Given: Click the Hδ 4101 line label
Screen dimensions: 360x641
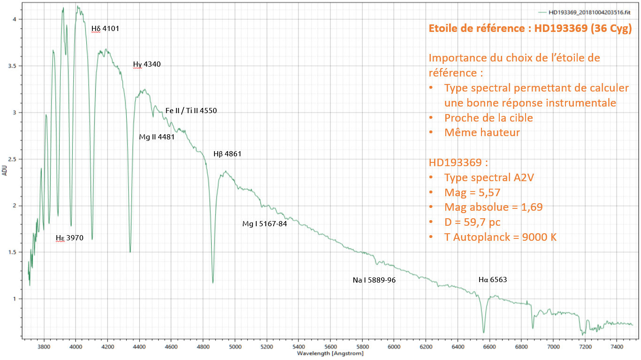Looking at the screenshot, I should coord(105,29).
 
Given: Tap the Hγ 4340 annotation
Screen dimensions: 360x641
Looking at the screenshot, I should coord(147,65).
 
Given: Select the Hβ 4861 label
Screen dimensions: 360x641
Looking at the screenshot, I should coord(228,154).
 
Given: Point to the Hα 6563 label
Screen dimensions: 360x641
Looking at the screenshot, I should coord(493,280).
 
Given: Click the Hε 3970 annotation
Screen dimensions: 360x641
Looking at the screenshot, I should coord(69,238).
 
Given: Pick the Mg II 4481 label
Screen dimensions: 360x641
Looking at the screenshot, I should coord(157,138).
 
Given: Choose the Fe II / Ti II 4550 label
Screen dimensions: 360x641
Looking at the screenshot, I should coord(191,111).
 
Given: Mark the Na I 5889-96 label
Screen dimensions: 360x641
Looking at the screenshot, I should coord(374,280).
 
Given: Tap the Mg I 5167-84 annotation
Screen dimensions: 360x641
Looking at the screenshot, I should coord(264,224).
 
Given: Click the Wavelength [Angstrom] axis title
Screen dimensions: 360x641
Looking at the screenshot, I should coord(330,353).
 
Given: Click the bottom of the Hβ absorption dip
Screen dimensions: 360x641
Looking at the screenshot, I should coord(213,283).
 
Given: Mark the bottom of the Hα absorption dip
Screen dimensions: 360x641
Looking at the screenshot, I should coord(483,332).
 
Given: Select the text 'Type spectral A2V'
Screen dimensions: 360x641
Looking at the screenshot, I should coord(489,178).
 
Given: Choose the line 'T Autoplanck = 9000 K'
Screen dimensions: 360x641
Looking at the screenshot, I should coord(500,237).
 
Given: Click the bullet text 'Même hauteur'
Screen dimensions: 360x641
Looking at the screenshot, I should coord(482,132).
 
